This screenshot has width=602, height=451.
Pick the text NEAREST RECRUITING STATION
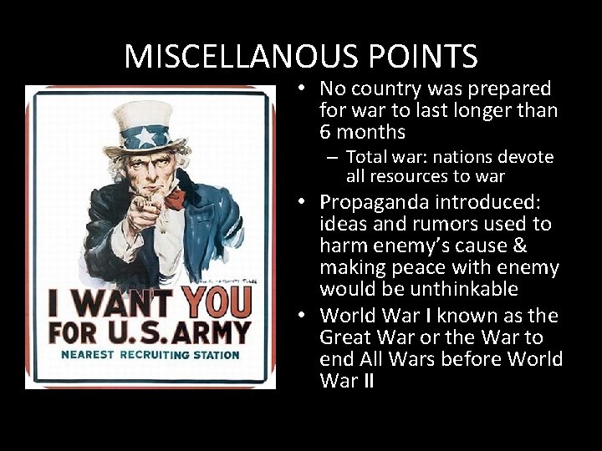pos(150,355)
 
